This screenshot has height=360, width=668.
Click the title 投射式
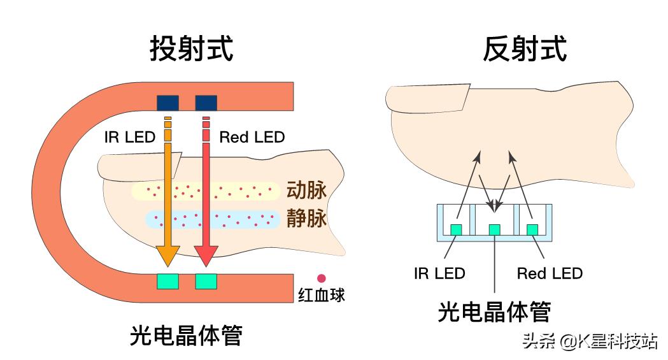coord(191,48)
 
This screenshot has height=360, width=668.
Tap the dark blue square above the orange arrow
coord(167,102)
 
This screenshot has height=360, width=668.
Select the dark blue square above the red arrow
coord(206,102)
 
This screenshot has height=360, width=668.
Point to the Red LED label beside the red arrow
coord(252,137)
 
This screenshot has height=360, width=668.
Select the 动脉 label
coord(306,191)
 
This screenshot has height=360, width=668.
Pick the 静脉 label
coord(306,219)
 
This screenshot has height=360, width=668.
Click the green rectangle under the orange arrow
coord(167,280)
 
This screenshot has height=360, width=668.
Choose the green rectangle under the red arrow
coord(206,280)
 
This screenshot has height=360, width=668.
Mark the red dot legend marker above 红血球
coord(322,278)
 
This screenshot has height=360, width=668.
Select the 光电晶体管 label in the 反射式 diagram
coord(494,312)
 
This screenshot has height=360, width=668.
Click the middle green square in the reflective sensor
coord(495,229)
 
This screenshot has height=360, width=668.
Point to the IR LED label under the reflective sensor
coord(439,274)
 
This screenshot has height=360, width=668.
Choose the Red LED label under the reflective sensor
coord(550,274)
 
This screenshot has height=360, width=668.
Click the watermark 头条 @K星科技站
coord(590,342)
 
